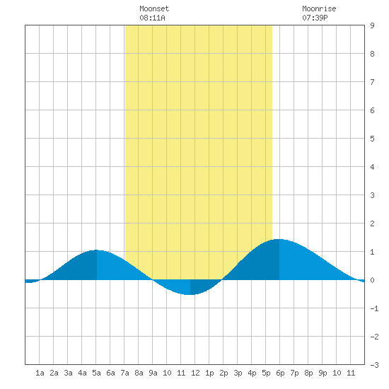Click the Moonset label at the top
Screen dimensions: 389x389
154,8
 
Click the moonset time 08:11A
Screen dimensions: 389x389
152,18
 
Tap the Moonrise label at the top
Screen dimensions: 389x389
319,8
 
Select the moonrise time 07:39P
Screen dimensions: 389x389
315,18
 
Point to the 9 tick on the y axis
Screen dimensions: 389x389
372,25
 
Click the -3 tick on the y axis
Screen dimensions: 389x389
374,365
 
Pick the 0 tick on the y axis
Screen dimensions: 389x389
372,280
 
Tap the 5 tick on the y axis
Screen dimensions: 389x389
372,139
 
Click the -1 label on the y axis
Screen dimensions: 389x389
374,308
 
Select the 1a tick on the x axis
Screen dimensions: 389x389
40,373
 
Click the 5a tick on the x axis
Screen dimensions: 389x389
96,373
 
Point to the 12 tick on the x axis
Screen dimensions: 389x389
195,373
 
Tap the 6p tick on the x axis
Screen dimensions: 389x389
280,373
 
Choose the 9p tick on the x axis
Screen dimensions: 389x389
323,373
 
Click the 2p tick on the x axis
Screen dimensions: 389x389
223,373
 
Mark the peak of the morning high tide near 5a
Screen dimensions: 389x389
96,250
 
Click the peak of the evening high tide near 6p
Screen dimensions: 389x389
279,239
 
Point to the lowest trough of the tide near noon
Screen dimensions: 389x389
190,295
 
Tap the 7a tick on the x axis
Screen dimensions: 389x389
124,373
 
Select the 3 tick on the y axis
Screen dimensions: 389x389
372,195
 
